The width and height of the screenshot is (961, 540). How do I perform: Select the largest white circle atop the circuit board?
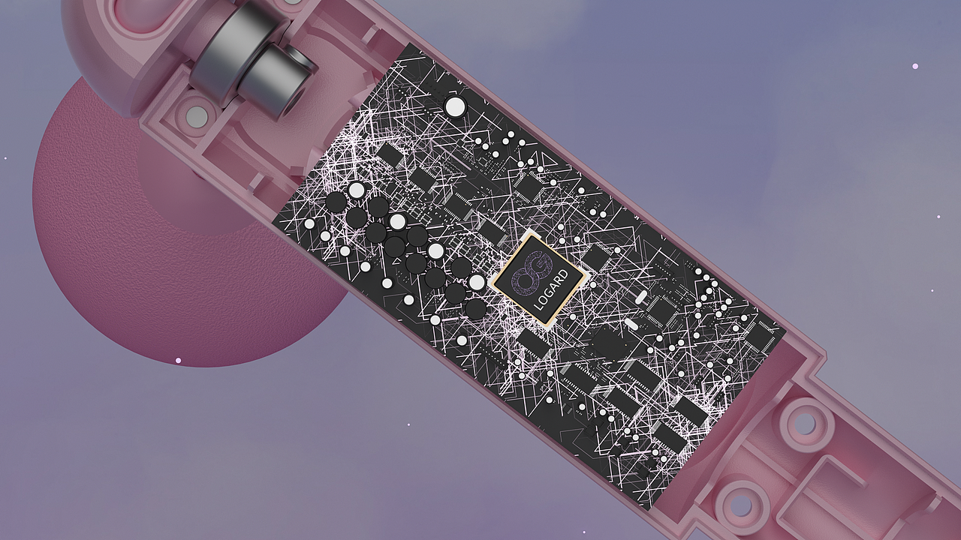(x=454, y=106)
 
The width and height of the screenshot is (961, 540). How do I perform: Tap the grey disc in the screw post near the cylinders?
(x=196, y=115)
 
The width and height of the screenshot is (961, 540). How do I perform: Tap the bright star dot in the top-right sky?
(x=915, y=66)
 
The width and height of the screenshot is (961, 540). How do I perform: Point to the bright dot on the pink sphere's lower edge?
(x=178, y=360)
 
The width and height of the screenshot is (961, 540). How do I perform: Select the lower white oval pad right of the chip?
(x=629, y=324)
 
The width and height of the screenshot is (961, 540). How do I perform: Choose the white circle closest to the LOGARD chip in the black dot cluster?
(x=477, y=282)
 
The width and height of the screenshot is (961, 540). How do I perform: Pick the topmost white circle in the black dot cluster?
(x=357, y=190)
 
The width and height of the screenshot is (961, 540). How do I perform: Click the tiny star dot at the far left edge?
(x=5, y=158)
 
